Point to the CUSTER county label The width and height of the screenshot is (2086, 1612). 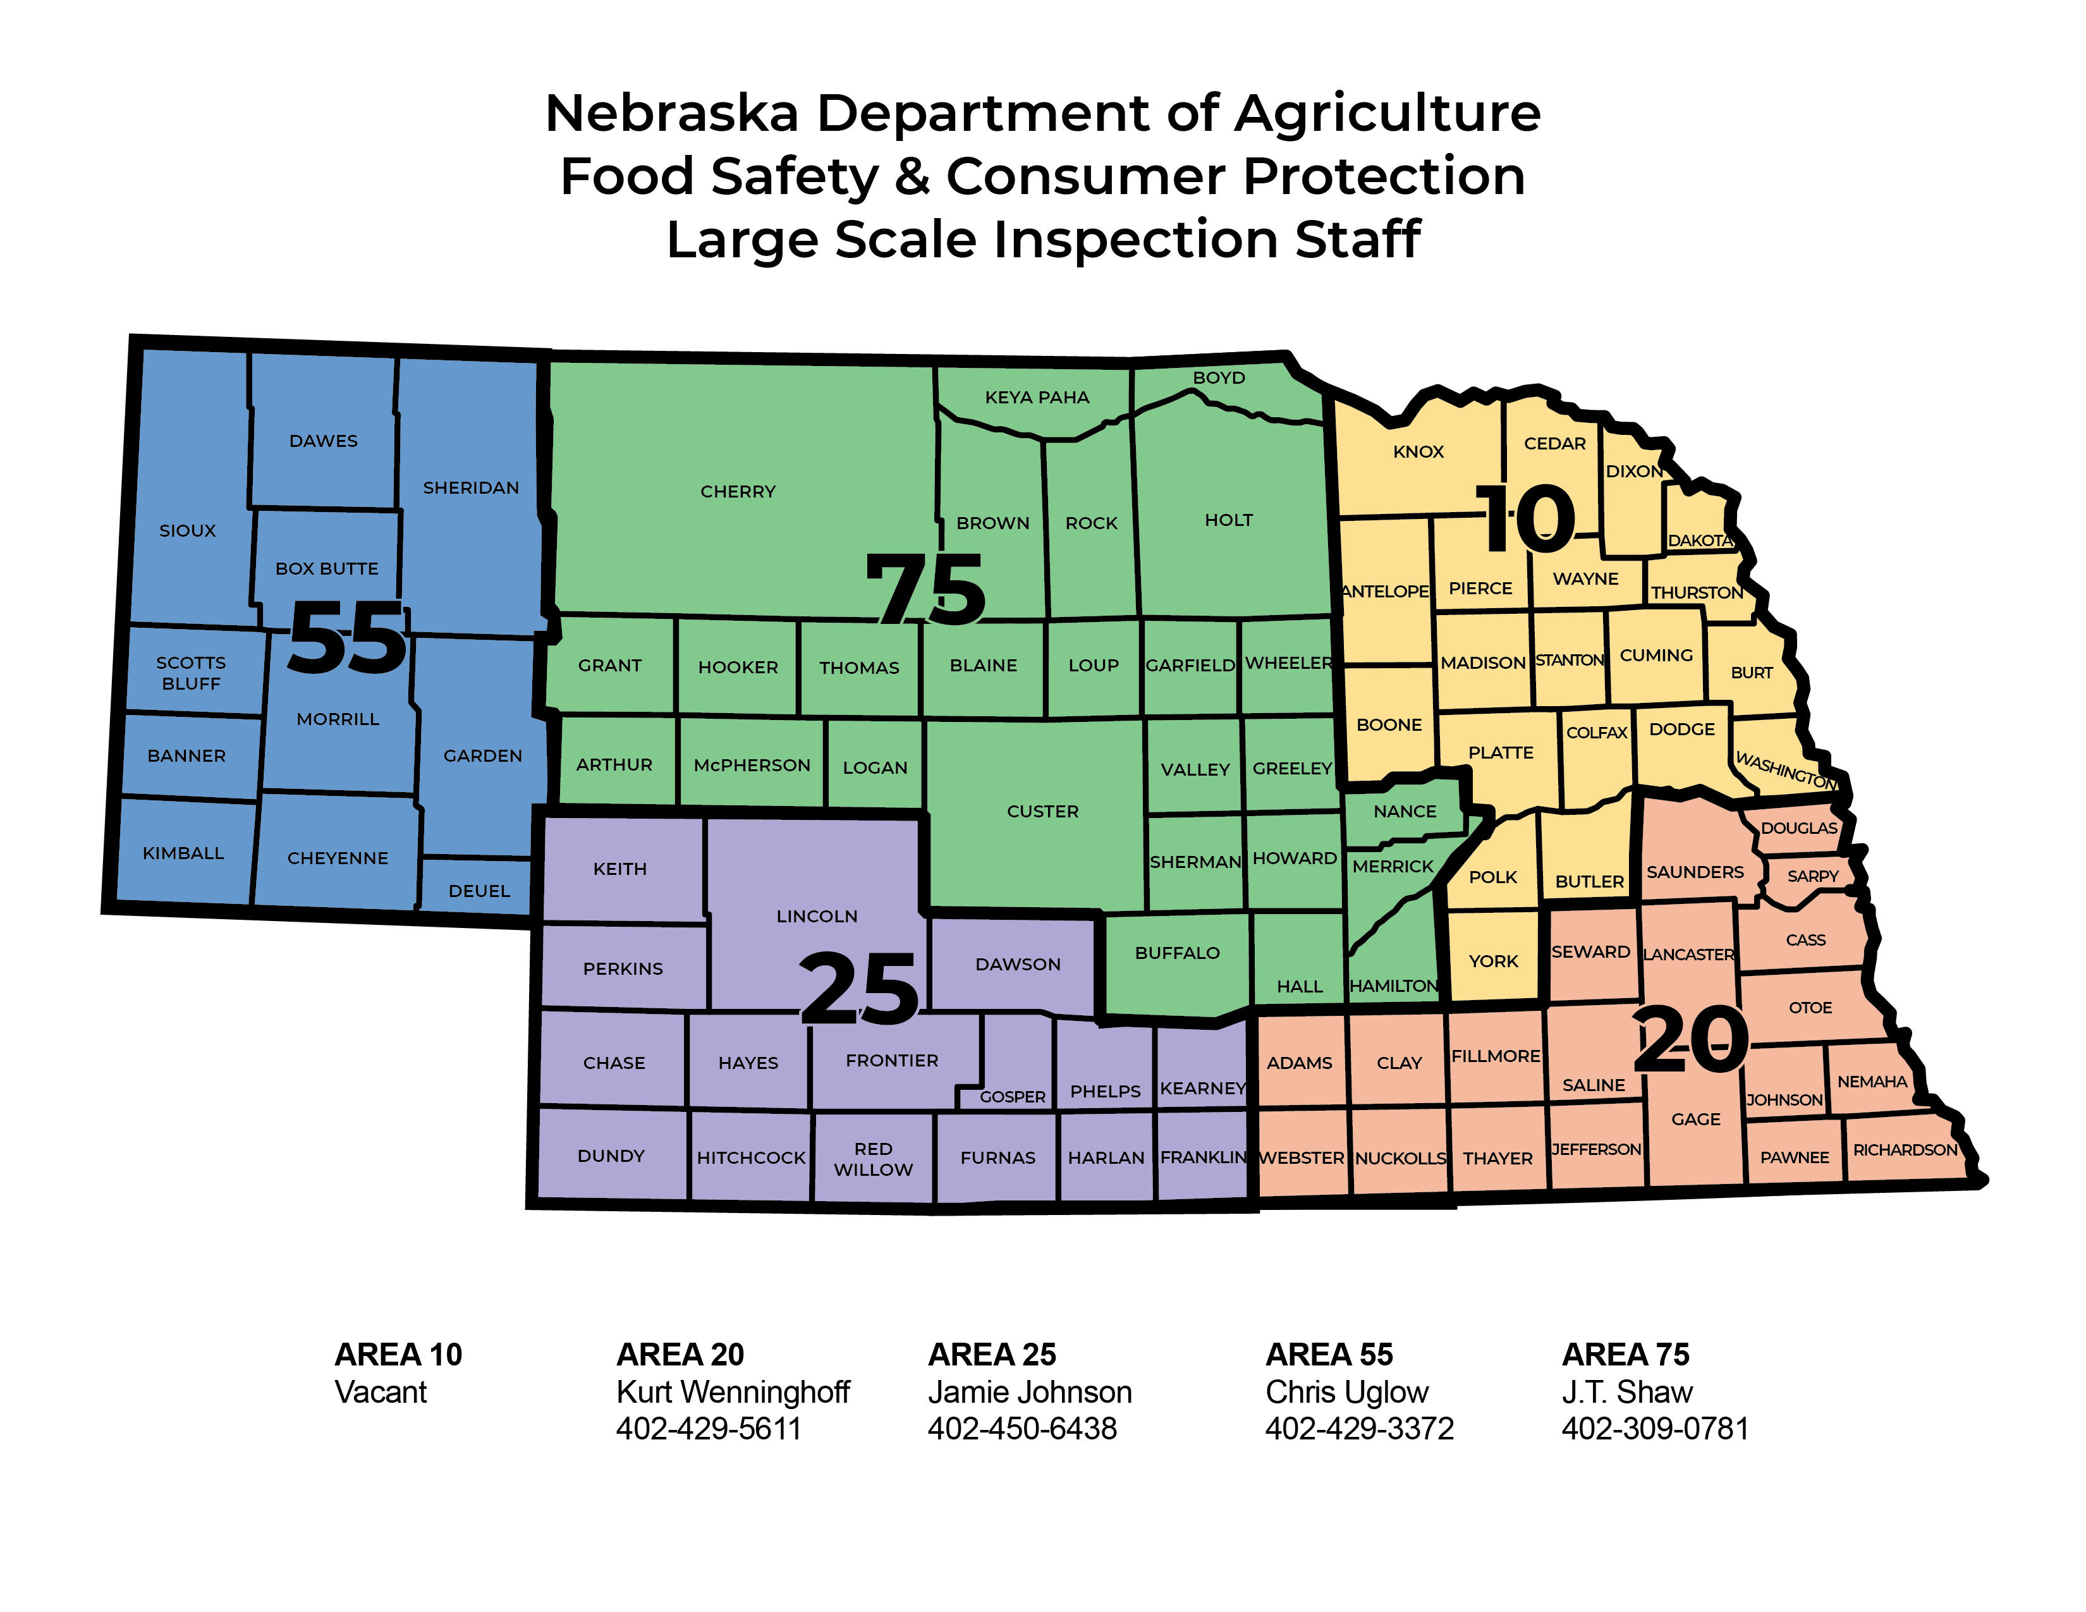pyautogui.click(x=1042, y=812)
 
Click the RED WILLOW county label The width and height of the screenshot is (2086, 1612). pyautogui.click(x=873, y=1158)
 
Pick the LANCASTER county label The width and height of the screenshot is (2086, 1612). pyautogui.click(x=1688, y=954)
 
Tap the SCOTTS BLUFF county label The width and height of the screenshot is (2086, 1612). pyautogui.click(x=191, y=673)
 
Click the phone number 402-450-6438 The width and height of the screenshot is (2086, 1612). pyautogui.click(x=1022, y=1429)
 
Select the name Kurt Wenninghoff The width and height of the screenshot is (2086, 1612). pyautogui.click(x=733, y=1391)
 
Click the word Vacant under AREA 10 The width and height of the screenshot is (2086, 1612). pyautogui.click(x=380, y=1391)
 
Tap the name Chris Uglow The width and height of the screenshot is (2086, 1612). pyautogui.click(x=1346, y=1391)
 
